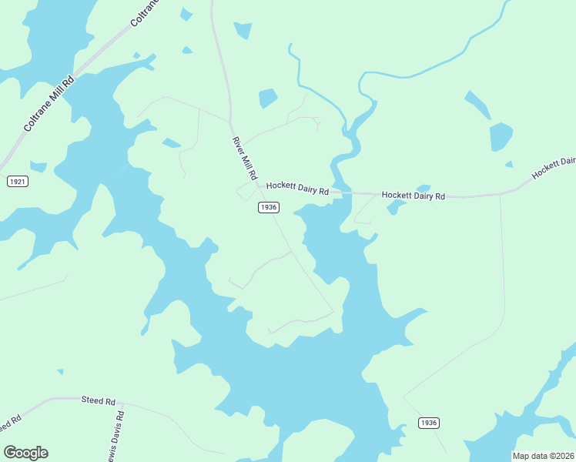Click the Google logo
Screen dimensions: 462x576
[x=25, y=453]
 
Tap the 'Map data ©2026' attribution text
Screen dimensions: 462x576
[x=544, y=456]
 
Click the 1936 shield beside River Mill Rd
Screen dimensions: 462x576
[x=268, y=207]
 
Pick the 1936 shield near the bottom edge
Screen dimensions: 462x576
[x=429, y=423]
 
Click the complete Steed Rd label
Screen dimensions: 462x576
[x=98, y=401]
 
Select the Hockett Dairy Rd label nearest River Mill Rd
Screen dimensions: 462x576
[x=297, y=188]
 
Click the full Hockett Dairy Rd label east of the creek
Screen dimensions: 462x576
[x=414, y=196]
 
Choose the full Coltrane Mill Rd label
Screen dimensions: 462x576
[x=48, y=103]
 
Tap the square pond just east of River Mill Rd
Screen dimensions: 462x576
[x=268, y=99]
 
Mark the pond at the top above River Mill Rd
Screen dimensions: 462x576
[x=243, y=30]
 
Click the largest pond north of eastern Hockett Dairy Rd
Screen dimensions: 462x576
[x=501, y=137]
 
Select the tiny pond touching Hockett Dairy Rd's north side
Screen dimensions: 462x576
[x=423, y=189]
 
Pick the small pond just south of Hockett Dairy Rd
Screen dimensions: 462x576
[x=395, y=206]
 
